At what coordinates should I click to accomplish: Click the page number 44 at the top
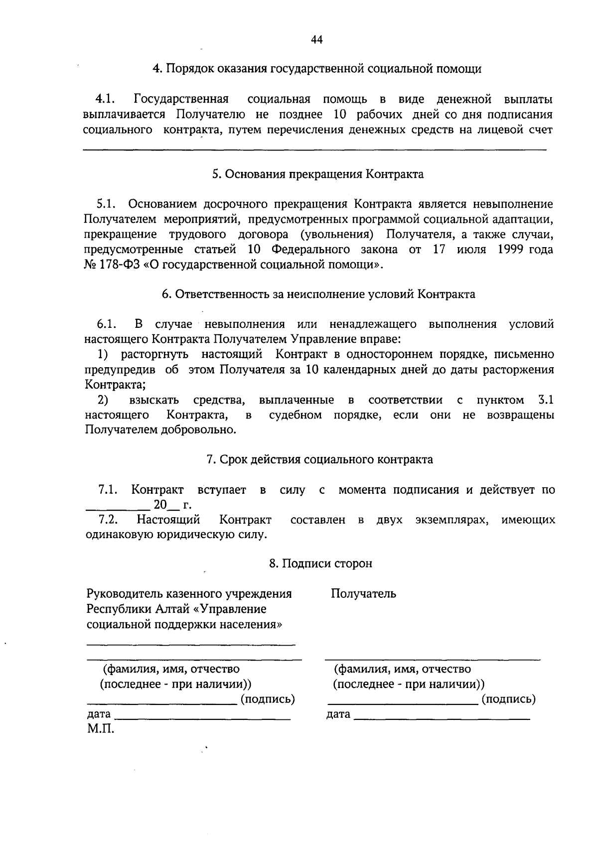pyautogui.click(x=317, y=40)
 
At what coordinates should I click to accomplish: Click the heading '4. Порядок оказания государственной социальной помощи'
pyautogui.click(x=317, y=69)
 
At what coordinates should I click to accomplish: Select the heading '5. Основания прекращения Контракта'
pyautogui.click(x=317, y=174)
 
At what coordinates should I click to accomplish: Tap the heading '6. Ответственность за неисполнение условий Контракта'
pyautogui.click(x=318, y=294)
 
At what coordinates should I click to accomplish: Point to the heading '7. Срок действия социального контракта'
pyautogui.click(x=319, y=459)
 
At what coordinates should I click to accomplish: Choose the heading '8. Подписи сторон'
pyautogui.click(x=320, y=563)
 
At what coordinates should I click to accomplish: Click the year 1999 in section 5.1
pyautogui.click(x=511, y=249)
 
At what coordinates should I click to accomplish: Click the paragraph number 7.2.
pyautogui.click(x=108, y=520)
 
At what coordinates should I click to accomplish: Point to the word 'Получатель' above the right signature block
pyautogui.click(x=363, y=593)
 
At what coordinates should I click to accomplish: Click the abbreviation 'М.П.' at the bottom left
pyautogui.click(x=100, y=730)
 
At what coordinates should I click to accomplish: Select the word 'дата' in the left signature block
pyautogui.click(x=99, y=714)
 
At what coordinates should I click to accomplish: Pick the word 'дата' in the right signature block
pyautogui.click(x=338, y=714)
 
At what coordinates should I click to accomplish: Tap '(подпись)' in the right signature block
pyautogui.click(x=508, y=699)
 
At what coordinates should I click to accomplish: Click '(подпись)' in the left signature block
pyautogui.click(x=268, y=699)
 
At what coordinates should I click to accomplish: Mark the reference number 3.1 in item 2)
pyautogui.click(x=546, y=400)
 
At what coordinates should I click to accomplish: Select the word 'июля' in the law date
pyautogui.click(x=471, y=249)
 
